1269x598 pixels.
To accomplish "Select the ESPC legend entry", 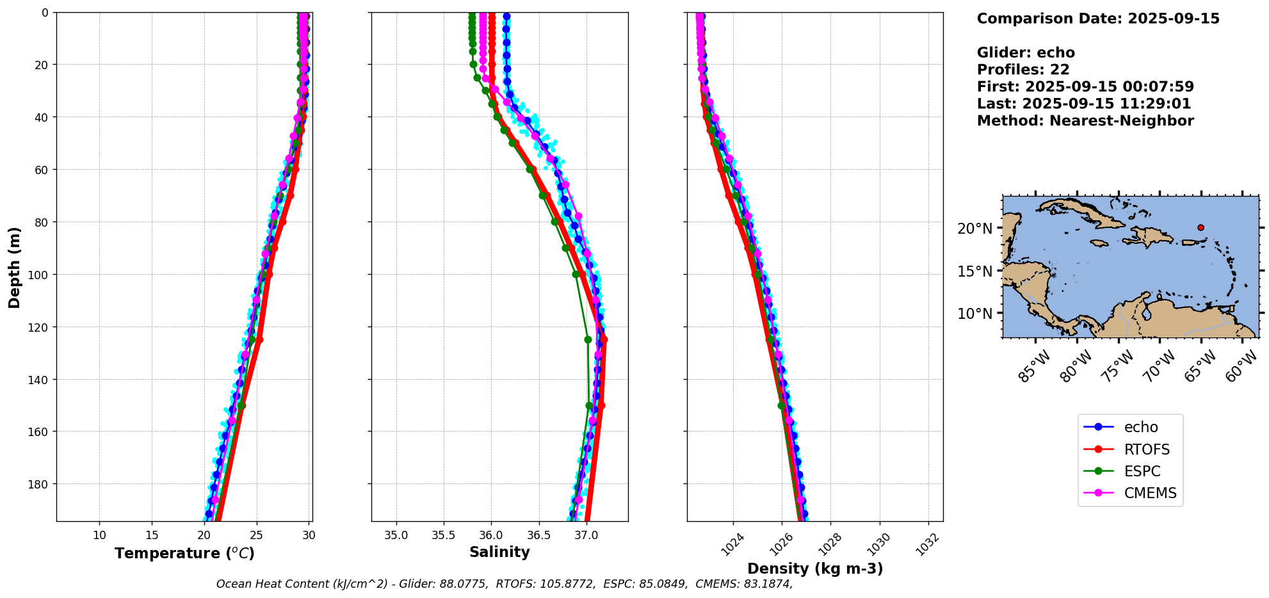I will pyautogui.click(x=1142, y=471).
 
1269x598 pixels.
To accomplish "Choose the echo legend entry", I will pyautogui.click(x=1140, y=427).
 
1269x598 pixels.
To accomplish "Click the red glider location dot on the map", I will pyautogui.click(x=1200, y=227).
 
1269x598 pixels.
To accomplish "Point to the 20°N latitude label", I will pyautogui.click(x=974, y=229).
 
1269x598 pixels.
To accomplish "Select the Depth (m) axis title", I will pyautogui.click(x=14, y=267).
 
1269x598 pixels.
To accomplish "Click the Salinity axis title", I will pyautogui.click(x=499, y=552).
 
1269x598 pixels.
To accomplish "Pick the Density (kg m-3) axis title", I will pyautogui.click(x=815, y=569).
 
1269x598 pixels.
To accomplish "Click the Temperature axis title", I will pyautogui.click(x=184, y=553).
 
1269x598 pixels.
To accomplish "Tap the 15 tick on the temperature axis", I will pyautogui.click(x=152, y=535).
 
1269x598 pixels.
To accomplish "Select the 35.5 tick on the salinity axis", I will pyautogui.click(x=443, y=535).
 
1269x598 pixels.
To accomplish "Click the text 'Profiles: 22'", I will pyautogui.click(x=1023, y=70).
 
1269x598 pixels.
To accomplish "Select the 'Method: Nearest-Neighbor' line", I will pyautogui.click(x=1085, y=121).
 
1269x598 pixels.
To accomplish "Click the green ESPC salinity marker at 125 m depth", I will pyautogui.click(x=588, y=339).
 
